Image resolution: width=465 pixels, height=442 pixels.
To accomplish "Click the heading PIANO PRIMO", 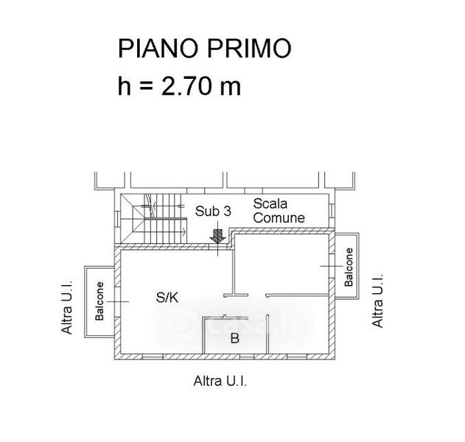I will tap(204, 49).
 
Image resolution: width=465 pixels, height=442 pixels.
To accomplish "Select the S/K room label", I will tap(167, 298).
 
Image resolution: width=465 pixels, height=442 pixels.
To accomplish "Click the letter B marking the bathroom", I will tap(234, 339).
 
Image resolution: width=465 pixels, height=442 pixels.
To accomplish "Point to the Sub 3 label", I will tap(214, 211).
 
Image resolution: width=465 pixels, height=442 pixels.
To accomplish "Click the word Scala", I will tap(270, 203).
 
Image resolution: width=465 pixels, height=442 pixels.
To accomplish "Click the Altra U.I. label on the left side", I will tap(67, 306).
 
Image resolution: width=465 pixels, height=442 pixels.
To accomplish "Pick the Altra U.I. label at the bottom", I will tap(219, 381).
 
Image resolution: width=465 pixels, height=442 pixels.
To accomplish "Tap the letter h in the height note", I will tap(125, 86).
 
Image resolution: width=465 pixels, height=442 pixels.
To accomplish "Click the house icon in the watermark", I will tap(180, 322).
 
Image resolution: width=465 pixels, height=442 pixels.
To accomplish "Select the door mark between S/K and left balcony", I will tap(117, 301).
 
